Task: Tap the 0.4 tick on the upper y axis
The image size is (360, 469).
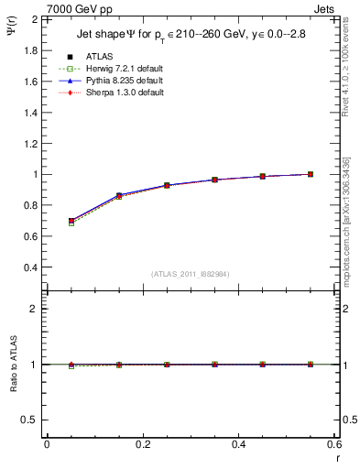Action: pos(31,267)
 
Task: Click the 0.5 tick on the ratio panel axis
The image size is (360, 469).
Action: pos(31,420)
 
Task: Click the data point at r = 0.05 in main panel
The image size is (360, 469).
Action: pos(71,221)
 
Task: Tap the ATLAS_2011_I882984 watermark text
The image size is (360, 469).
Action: pos(190,273)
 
